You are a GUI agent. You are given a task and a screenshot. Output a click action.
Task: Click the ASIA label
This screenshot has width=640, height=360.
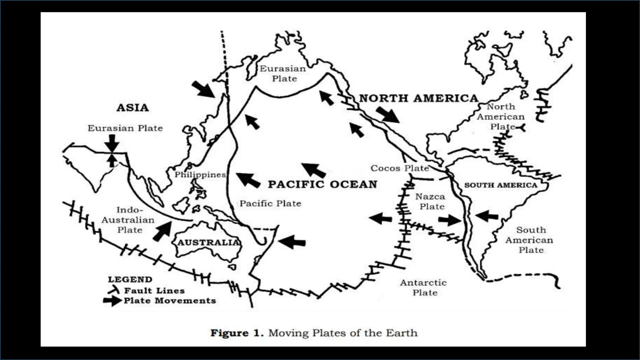132,108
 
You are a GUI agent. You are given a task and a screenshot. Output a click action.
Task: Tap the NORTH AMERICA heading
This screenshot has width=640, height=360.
419,98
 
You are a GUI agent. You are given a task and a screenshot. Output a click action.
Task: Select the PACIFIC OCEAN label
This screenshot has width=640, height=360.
322,184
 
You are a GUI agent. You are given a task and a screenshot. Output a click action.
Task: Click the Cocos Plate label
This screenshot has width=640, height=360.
400,168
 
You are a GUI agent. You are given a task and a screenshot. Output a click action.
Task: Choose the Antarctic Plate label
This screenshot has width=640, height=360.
424,287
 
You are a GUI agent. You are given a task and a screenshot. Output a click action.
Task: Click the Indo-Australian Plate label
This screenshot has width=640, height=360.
128,220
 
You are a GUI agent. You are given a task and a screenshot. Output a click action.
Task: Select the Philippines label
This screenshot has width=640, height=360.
200,175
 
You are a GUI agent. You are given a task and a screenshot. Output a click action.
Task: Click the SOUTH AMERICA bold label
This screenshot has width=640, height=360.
501,185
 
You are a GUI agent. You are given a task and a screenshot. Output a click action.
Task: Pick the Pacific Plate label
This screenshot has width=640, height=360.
270,203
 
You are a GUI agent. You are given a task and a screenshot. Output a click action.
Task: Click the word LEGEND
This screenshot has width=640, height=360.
130,279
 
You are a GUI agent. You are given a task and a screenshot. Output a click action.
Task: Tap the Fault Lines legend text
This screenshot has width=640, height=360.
154,291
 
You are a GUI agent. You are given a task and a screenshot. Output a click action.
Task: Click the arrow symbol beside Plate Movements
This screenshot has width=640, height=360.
112,301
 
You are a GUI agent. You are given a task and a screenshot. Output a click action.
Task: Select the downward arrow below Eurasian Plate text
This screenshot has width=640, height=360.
112,143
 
